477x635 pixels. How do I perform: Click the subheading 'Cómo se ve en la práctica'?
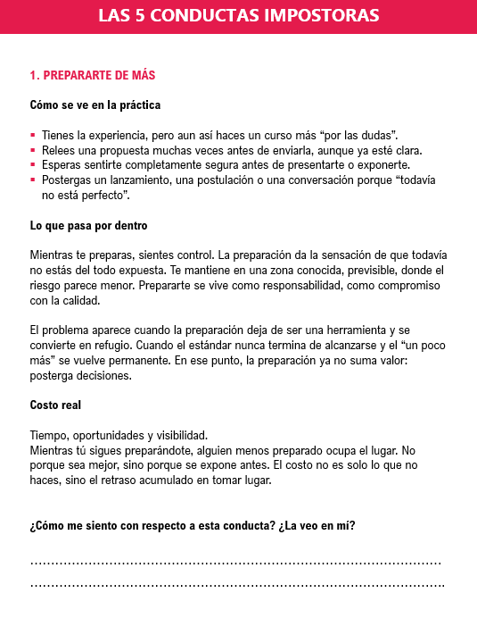click(x=95, y=105)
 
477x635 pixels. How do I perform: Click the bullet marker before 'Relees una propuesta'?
click(x=33, y=151)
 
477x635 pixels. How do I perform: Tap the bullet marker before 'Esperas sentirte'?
click(x=33, y=165)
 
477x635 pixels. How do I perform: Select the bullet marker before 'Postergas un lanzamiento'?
click(x=33, y=180)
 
